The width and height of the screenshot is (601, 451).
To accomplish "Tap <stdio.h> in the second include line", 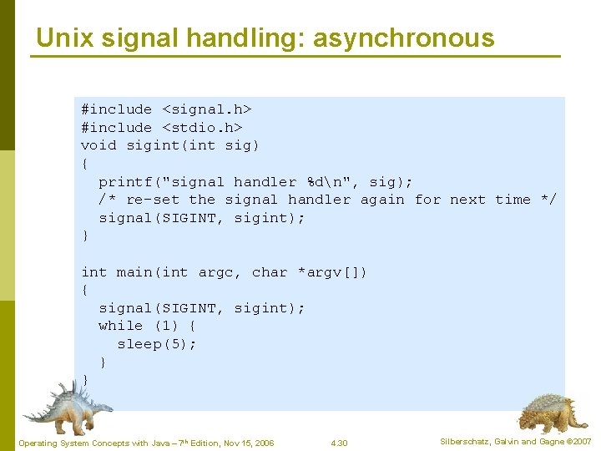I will pos(202,128).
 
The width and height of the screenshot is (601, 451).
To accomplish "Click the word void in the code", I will pos(98,145).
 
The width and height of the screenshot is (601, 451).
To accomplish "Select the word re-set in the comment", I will pos(153,200).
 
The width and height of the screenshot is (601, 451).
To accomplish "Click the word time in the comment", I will pos(513,200).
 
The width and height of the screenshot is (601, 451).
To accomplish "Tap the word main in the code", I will pos(134,272).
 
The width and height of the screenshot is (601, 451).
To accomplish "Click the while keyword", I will pos(121,326).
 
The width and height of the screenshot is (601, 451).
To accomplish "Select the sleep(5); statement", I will pos(157,344).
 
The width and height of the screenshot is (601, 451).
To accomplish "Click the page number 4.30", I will pos(339,443).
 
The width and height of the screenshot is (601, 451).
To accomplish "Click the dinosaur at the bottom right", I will pos(547,412).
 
